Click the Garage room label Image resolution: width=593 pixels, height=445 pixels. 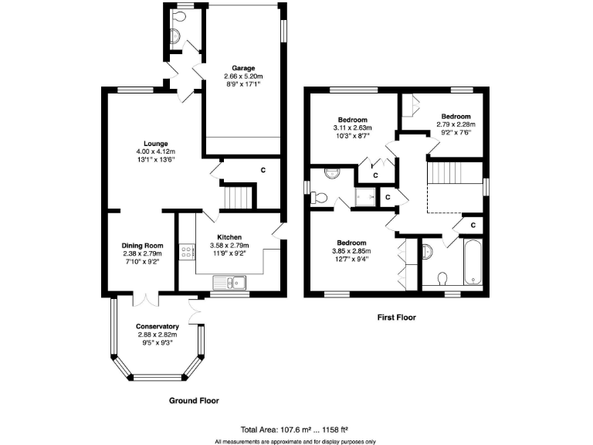pos(243,68)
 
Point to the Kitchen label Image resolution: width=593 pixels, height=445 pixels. pos(229,237)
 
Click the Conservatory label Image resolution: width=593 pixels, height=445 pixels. pos(157,326)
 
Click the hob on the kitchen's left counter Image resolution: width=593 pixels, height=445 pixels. pos(185,251)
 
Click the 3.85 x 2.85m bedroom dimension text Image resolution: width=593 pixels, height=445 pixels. pos(351,251)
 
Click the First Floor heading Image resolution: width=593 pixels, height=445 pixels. pos(396,317)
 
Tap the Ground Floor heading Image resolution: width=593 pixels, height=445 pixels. pos(194,401)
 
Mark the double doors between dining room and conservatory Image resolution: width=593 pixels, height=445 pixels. pos(144,297)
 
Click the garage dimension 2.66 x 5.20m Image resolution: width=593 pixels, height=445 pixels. pos(243,76)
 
